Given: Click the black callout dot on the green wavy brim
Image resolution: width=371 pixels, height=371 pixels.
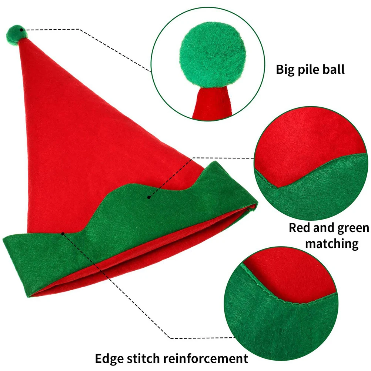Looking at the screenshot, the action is point(149,197).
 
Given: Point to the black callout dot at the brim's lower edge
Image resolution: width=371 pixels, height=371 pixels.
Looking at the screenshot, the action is point(63,233).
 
